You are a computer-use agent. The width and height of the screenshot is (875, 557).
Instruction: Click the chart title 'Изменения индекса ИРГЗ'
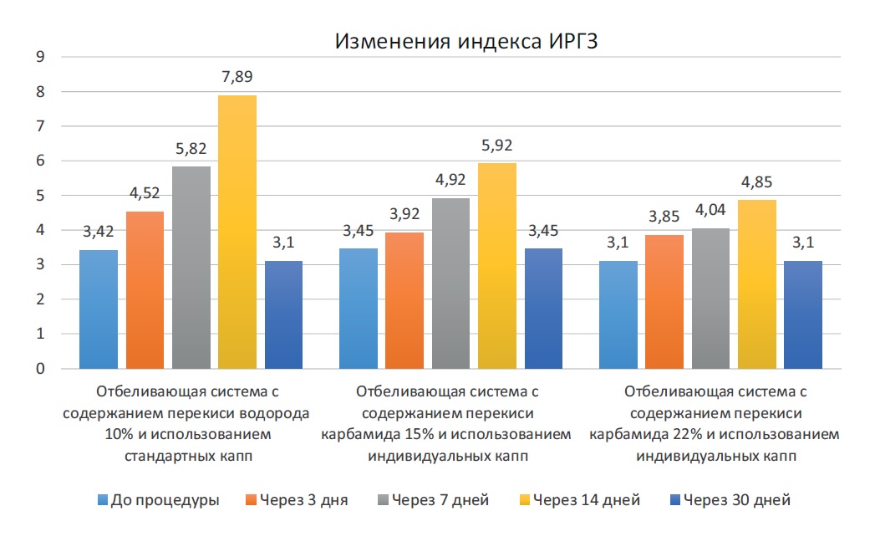click(x=467, y=43)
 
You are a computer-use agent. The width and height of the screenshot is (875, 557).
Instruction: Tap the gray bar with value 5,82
click(x=191, y=268)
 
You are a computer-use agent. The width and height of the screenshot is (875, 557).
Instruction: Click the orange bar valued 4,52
click(x=145, y=290)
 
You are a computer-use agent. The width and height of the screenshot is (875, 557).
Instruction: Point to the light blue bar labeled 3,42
click(x=99, y=309)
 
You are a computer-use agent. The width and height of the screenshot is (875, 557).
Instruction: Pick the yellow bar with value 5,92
click(x=496, y=266)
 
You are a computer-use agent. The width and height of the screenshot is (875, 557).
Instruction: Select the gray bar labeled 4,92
click(x=450, y=284)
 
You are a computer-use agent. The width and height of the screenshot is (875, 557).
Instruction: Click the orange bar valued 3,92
click(x=404, y=300)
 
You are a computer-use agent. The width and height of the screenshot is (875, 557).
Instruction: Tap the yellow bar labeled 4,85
click(x=757, y=284)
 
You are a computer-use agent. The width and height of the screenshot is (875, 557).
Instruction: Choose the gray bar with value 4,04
click(x=711, y=299)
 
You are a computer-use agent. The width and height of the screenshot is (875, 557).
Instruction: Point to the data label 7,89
click(x=237, y=77)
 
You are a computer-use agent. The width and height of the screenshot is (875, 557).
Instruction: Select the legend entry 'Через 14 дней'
click(x=586, y=500)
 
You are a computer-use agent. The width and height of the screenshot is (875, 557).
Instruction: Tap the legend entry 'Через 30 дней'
click(x=736, y=500)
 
